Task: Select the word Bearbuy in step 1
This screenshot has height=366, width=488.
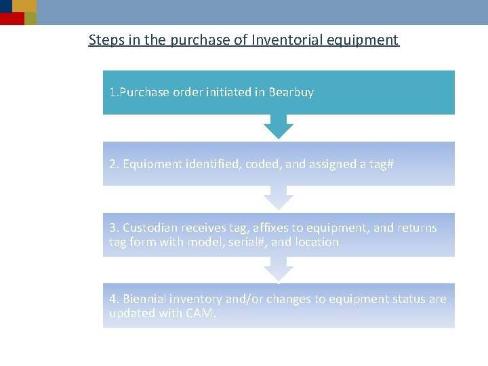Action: [x=291, y=92]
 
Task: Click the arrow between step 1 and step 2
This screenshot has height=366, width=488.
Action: [x=278, y=127]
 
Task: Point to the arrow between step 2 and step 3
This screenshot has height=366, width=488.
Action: [x=278, y=198]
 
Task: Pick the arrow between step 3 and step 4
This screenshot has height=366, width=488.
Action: [x=278, y=269]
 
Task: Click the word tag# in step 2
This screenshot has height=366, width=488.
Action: [x=380, y=164]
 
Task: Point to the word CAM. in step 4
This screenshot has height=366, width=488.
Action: [x=200, y=313]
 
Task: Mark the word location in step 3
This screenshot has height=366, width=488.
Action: [x=317, y=242]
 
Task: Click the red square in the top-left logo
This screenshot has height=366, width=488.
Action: [x=12, y=18]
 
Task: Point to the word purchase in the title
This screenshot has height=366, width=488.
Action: [x=200, y=40]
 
